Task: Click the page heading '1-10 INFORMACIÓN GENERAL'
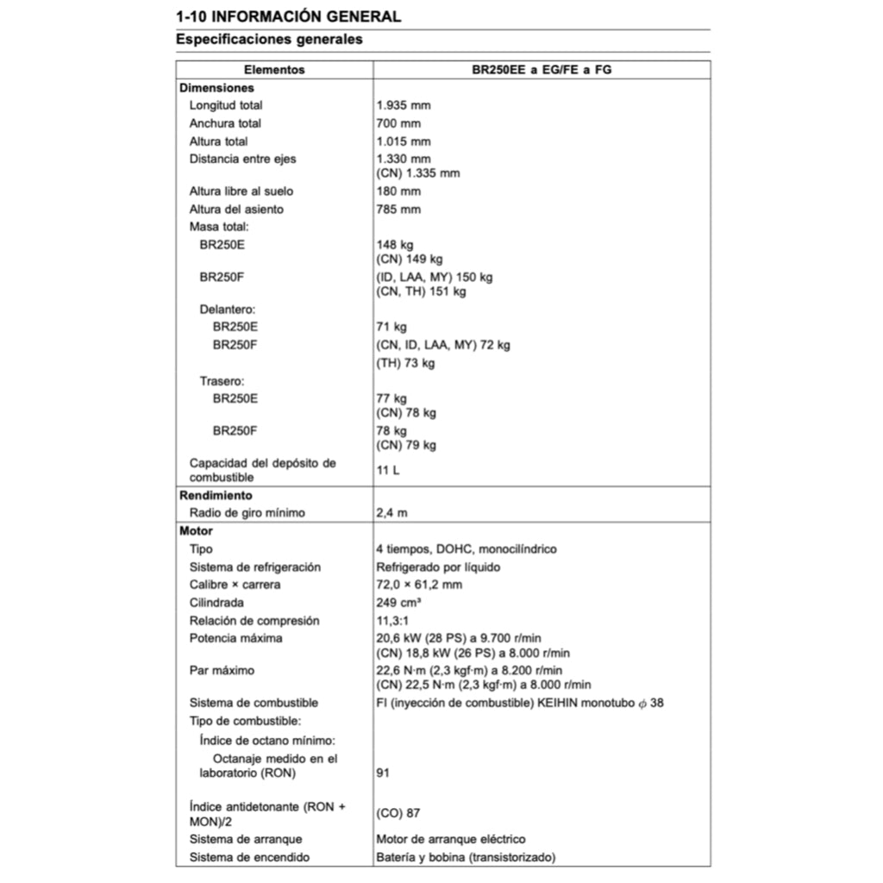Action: pyautogui.click(x=288, y=16)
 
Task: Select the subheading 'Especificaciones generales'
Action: pyautogui.click(x=269, y=39)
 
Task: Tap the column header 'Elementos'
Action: pyautogui.click(x=274, y=70)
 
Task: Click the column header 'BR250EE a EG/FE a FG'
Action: pyautogui.click(x=542, y=70)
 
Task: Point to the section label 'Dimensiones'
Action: pyautogui.click(x=216, y=88)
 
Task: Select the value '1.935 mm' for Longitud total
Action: pyautogui.click(x=404, y=105)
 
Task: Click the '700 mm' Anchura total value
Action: pyautogui.click(x=398, y=123)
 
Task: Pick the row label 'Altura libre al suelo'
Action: pyautogui.click(x=235, y=191)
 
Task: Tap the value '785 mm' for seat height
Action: pyautogui.click(x=398, y=210)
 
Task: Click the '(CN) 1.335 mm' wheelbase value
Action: pyautogui.click(x=418, y=173)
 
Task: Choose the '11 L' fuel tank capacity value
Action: pyautogui.click(x=388, y=470)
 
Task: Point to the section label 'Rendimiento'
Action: pyautogui.click(x=216, y=496)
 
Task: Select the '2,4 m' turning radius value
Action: pyautogui.click(x=392, y=513)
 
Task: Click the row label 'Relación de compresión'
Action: pyautogui.click(x=254, y=621)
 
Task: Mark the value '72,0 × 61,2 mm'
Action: pyautogui.click(x=419, y=585)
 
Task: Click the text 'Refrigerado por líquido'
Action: pyautogui.click(x=438, y=567)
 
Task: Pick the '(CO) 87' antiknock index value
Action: pyautogui.click(x=398, y=813)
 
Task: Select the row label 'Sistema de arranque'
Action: pyautogui.click(x=246, y=839)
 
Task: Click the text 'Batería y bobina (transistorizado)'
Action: pyautogui.click(x=466, y=857)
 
